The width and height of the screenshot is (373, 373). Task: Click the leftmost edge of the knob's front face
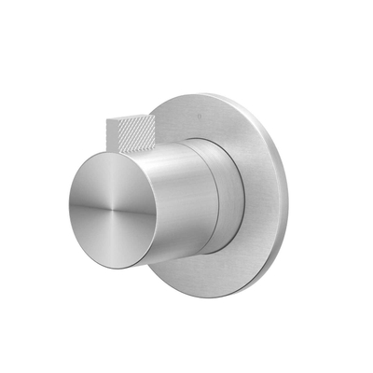tap(68, 210)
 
